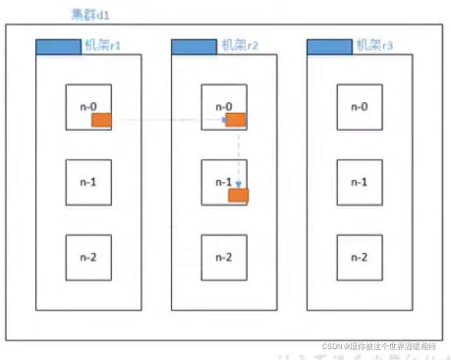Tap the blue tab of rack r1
[57, 46]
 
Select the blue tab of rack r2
[193, 46]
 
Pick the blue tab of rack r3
[328, 46]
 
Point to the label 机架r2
[239, 45]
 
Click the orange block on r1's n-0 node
[103, 120]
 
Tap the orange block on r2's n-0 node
[236, 120]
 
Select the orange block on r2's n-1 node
[238, 196]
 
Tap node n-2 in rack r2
[223, 258]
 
